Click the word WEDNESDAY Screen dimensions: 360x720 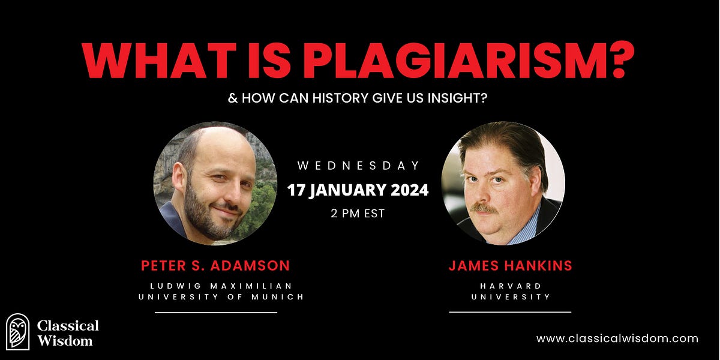click(x=359, y=166)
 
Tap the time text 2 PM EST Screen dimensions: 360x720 click(x=358, y=214)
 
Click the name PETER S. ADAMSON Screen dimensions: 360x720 click(x=215, y=265)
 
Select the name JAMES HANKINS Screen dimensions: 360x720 click(x=510, y=265)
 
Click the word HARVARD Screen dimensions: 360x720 click(x=510, y=286)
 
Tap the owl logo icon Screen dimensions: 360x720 click(x=17, y=331)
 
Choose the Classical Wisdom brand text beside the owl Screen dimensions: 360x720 click(x=68, y=333)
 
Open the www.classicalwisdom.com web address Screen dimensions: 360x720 click(x=617, y=338)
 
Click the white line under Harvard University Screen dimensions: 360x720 click(x=510, y=312)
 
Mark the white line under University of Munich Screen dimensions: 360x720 click(x=216, y=313)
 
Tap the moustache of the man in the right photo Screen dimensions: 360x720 click(x=487, y=209)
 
